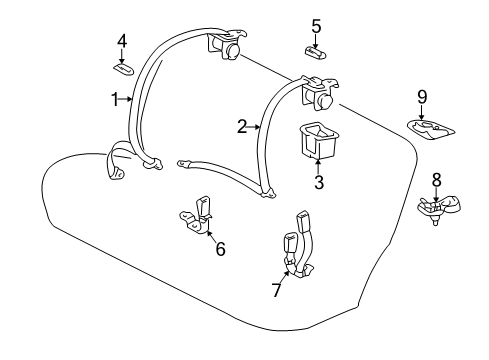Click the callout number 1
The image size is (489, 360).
pos(115,98)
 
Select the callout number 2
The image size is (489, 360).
pos(241,126)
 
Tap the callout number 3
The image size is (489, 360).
pos(318,182)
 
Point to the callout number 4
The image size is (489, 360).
pos(122,41)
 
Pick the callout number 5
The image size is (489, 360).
pos(315,26)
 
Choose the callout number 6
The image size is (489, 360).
pos(219,248)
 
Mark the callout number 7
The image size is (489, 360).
pos(277,290)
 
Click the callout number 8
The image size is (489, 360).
pos(436,180)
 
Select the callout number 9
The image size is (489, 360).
pos(421,97)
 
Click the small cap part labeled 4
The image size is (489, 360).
pos(124,67)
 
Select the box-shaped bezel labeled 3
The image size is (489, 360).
pos(318,138)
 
